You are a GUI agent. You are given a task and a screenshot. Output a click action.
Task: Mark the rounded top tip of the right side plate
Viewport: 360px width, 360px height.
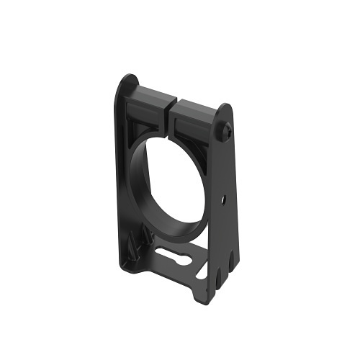pyautogui.click(x=226, y=108)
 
